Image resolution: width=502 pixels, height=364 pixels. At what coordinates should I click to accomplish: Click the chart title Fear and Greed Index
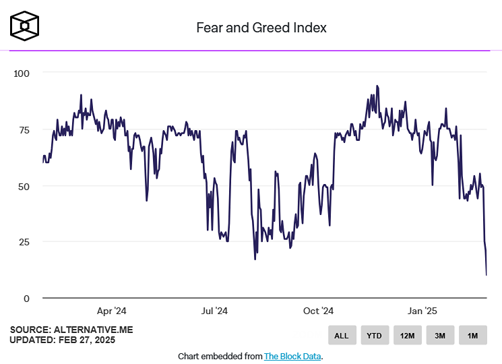coord(261,28)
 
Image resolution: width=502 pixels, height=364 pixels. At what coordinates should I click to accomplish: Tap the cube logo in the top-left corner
coord(25,25)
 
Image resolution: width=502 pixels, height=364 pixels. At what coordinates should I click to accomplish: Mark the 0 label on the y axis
coord(27,299)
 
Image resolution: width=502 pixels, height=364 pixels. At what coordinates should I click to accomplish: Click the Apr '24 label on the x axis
coord(112,311)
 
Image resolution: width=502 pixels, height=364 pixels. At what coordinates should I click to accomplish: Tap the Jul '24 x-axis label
coord(214,311)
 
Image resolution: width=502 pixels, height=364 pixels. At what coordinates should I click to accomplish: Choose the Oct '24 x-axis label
coord(318,311)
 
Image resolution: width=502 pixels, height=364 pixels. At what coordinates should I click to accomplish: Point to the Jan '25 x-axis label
coord(422,311)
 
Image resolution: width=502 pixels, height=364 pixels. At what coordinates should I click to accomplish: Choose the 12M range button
coord(407,335)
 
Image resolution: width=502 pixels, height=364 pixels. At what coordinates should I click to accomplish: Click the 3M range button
coord(439,335)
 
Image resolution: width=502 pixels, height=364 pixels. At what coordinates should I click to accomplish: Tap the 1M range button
coord(472,335)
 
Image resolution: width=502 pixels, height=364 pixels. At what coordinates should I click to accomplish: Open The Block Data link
coord(292,356)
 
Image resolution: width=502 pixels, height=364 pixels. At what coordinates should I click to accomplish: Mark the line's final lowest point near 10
coord(487,274)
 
